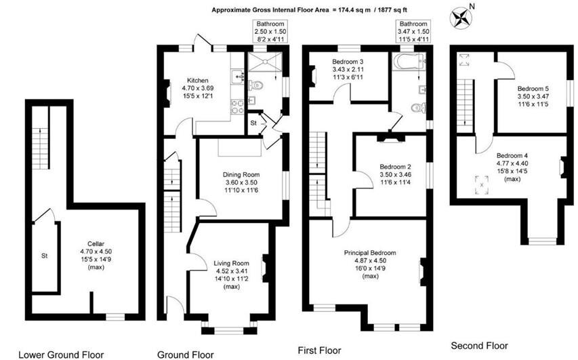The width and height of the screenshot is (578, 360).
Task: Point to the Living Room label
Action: point(231,263)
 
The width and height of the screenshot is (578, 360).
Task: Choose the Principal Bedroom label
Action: point(369,253)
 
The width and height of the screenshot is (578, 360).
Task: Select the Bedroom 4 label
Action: point(512,154)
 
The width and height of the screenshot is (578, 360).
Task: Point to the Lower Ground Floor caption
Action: point(60,354)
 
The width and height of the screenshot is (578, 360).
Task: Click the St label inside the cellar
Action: point(43,256)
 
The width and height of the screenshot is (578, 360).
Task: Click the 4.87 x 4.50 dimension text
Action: point(369,260)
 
